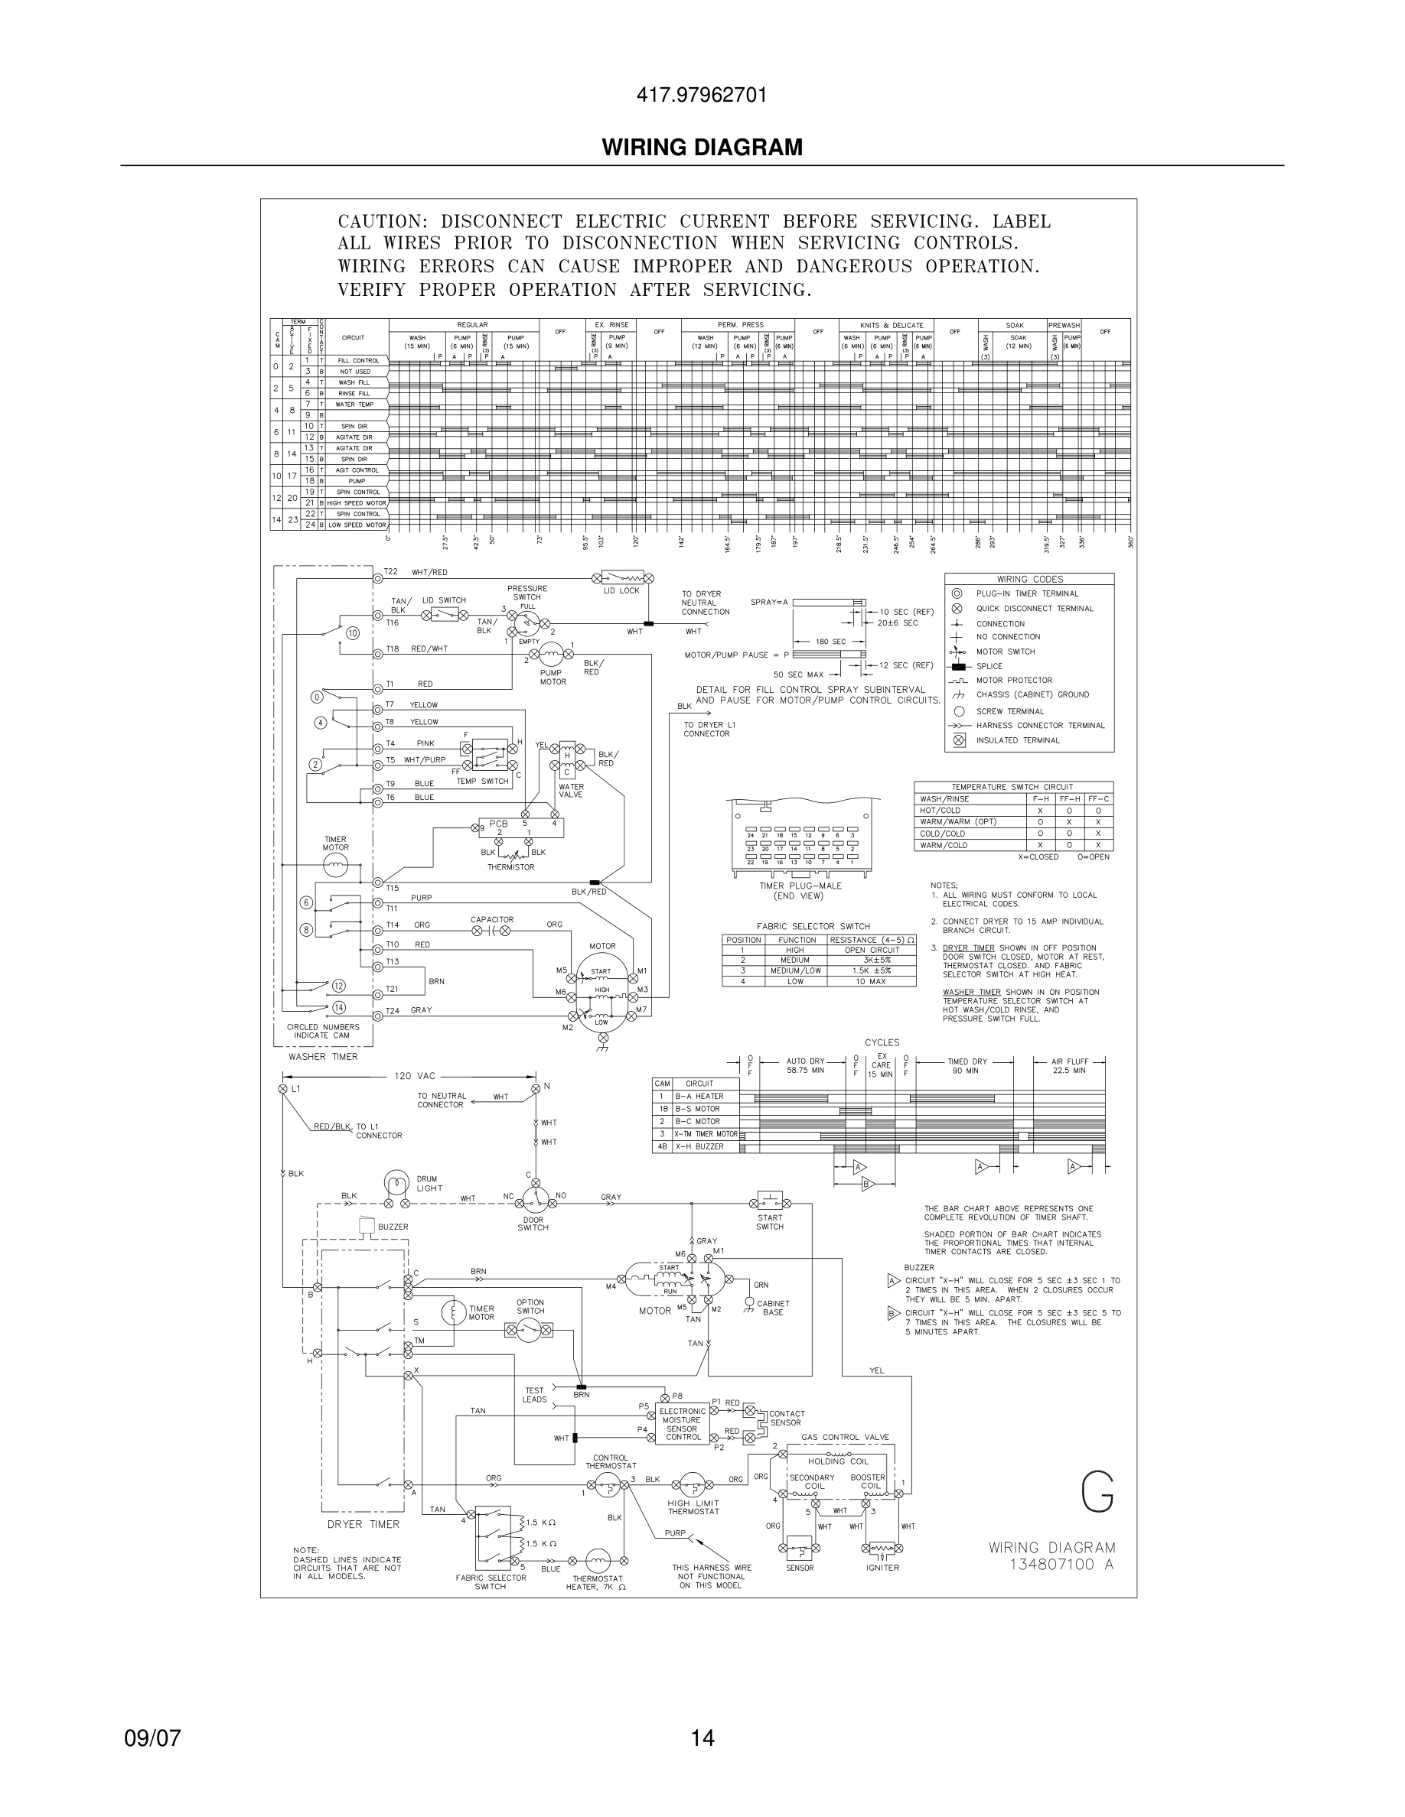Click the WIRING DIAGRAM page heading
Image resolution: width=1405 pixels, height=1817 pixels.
[x=702, y=148]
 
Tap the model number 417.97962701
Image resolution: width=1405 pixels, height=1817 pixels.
[x=702, y=95]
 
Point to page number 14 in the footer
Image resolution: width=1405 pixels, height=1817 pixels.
[x=702, y=1738]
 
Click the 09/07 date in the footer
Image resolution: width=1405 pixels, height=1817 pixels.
[x=152, y=1738]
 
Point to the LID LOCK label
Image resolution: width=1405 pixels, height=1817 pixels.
[x=621, y=590]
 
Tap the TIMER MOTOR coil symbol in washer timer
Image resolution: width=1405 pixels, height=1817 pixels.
[x=335, y=867]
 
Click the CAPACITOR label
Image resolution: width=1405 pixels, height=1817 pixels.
[x=492, y=919]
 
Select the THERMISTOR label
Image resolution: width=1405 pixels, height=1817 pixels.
[x=511, y=867]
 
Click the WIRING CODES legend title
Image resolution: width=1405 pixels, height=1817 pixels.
[x=1029, y=579]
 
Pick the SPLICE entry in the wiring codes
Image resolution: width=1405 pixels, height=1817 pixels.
[x=989, y=666]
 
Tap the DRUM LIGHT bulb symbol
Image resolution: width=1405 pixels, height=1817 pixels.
[x=396, y=1184]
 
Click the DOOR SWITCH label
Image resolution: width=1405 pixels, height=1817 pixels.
[x=533, y=1223]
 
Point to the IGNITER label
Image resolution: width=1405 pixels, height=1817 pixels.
[x=882, y=1568]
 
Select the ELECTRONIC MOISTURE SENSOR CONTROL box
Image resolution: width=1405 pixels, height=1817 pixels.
[x=683, y=1423]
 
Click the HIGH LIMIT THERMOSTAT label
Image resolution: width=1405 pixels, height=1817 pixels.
[x=693, y=1507]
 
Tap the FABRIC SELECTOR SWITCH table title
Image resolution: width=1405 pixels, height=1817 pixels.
[x=813, y=926]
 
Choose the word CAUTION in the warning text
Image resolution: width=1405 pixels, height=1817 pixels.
[x=382, y=222]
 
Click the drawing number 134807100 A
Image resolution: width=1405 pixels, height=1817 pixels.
[x=1061, y=1564]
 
